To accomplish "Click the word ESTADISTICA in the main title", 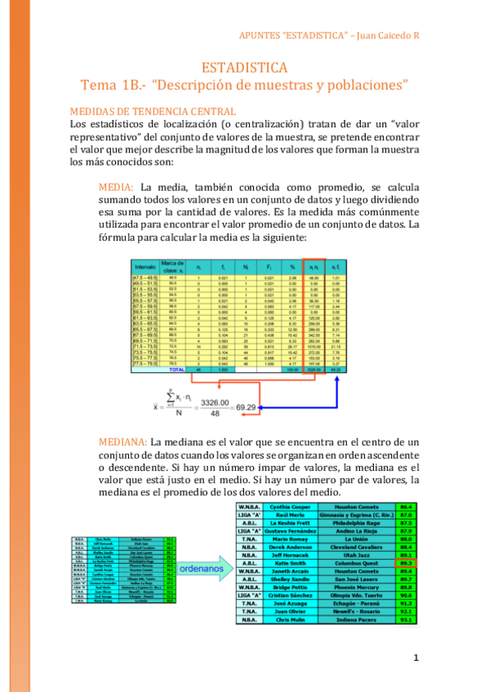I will point(244,67).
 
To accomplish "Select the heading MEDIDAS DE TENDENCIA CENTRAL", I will point(153,111).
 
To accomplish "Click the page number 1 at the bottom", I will point(416,657).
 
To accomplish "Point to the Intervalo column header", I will point(145,266).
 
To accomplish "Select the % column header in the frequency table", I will point(292,266).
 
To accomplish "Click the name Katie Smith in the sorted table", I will point(291,562).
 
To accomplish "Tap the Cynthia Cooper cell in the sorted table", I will point(291,507).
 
